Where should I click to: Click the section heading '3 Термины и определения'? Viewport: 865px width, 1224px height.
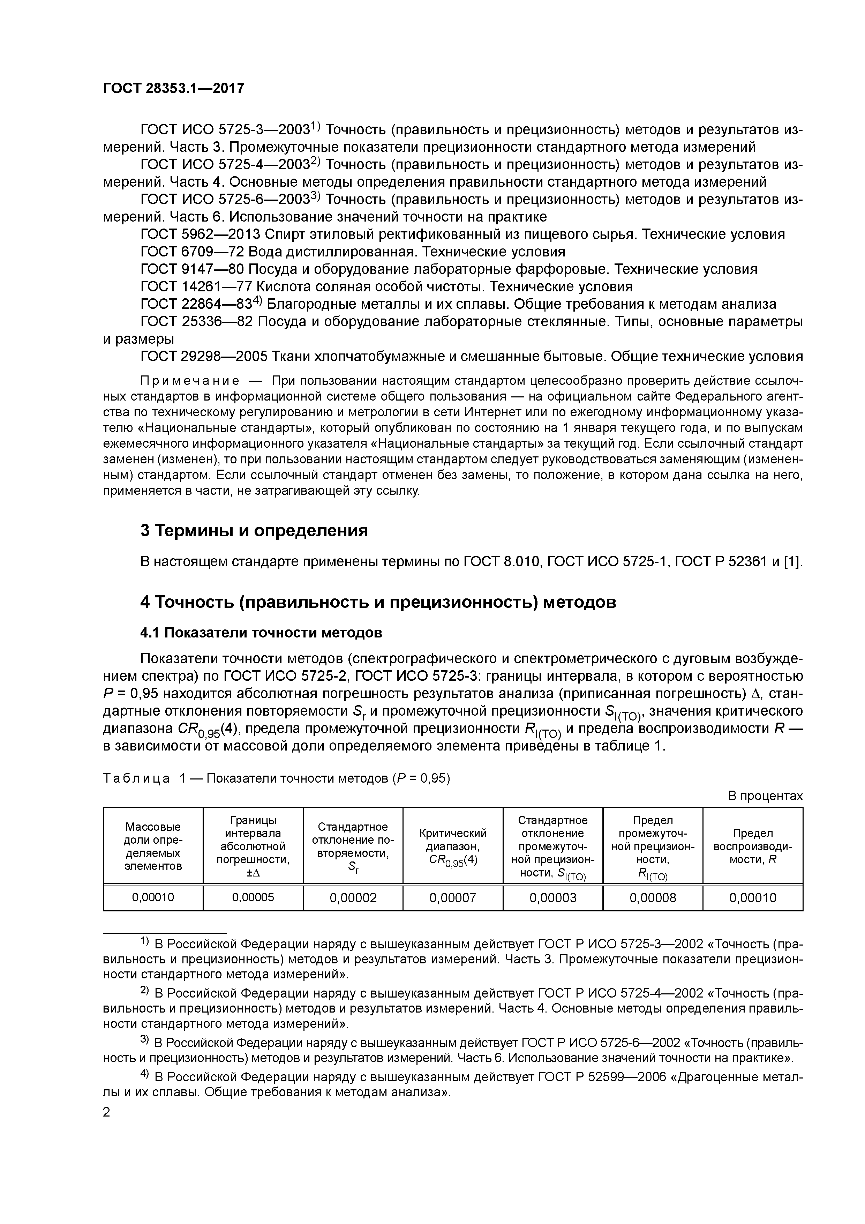point(254,530)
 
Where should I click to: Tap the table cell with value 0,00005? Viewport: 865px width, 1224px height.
point(253,897)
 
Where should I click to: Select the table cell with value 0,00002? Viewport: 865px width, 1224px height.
point(353,898)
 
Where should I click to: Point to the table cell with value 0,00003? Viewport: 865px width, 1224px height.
point(553,898)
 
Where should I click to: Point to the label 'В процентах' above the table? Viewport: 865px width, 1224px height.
point(765,796)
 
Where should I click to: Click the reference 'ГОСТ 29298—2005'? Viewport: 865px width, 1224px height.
point(203,356)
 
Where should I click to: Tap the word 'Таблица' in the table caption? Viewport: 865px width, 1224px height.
point(136,778)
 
